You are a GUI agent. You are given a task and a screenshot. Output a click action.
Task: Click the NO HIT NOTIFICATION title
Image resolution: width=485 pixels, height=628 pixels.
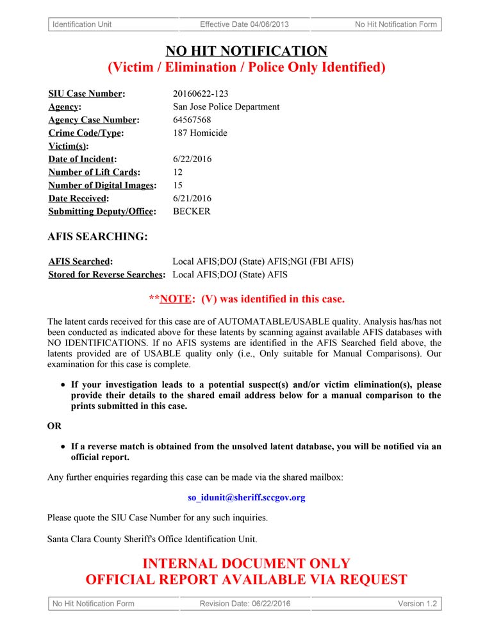click(x=246, y=51)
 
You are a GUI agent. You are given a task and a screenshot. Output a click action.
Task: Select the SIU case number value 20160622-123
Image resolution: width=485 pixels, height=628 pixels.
click(x=201, y=94)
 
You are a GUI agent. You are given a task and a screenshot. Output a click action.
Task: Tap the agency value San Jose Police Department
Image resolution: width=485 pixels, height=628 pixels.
click(x=226, y=106)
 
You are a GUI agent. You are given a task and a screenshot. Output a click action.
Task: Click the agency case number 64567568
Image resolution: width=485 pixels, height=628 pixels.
click(x=192, y=120)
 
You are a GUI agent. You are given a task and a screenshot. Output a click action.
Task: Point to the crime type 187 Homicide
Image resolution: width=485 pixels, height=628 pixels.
click(x=200, y=133)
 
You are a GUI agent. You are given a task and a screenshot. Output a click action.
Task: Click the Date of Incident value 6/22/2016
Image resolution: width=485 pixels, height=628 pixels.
click(x=192, y=159)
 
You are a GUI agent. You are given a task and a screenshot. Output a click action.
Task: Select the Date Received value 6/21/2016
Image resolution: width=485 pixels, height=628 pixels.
click(x=192, y=198)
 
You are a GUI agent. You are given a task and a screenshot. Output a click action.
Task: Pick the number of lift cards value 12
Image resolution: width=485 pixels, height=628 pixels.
click(x=178, y=172)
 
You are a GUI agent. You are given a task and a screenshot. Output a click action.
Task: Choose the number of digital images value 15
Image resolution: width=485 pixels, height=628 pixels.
click(x=178, y=185)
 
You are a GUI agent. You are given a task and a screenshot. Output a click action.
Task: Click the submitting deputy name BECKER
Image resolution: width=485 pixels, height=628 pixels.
click(x=192, y=211)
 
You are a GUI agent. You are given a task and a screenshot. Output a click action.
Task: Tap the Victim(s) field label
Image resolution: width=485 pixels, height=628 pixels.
click(x=68, y=146)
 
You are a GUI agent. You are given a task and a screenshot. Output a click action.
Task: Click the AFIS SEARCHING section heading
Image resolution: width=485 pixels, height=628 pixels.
click(x=97, y=236)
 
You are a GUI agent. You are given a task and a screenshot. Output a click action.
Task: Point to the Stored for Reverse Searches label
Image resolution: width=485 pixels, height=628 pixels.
click(x=107, y=274)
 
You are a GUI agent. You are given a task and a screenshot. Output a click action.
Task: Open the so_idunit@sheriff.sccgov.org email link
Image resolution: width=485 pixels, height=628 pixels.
click(x=246, y=497)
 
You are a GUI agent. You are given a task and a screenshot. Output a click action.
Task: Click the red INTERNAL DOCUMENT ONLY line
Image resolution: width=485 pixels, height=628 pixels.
click(x=246, y=564)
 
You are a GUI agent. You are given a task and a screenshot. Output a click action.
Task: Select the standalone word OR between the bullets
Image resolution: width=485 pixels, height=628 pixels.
click(x=54, y=426)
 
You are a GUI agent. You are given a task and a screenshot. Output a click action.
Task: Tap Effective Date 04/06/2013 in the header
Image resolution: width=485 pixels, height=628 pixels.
click(x=244, y=24)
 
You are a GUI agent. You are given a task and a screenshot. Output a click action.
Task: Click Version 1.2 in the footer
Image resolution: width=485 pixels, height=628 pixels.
click(x=417, y=603)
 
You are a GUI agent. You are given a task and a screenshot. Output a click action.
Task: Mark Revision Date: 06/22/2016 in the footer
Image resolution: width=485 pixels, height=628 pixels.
click(x=245, y=603)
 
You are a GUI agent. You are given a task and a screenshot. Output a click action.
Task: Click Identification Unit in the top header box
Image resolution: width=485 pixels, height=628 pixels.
click(x=82, y=24)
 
